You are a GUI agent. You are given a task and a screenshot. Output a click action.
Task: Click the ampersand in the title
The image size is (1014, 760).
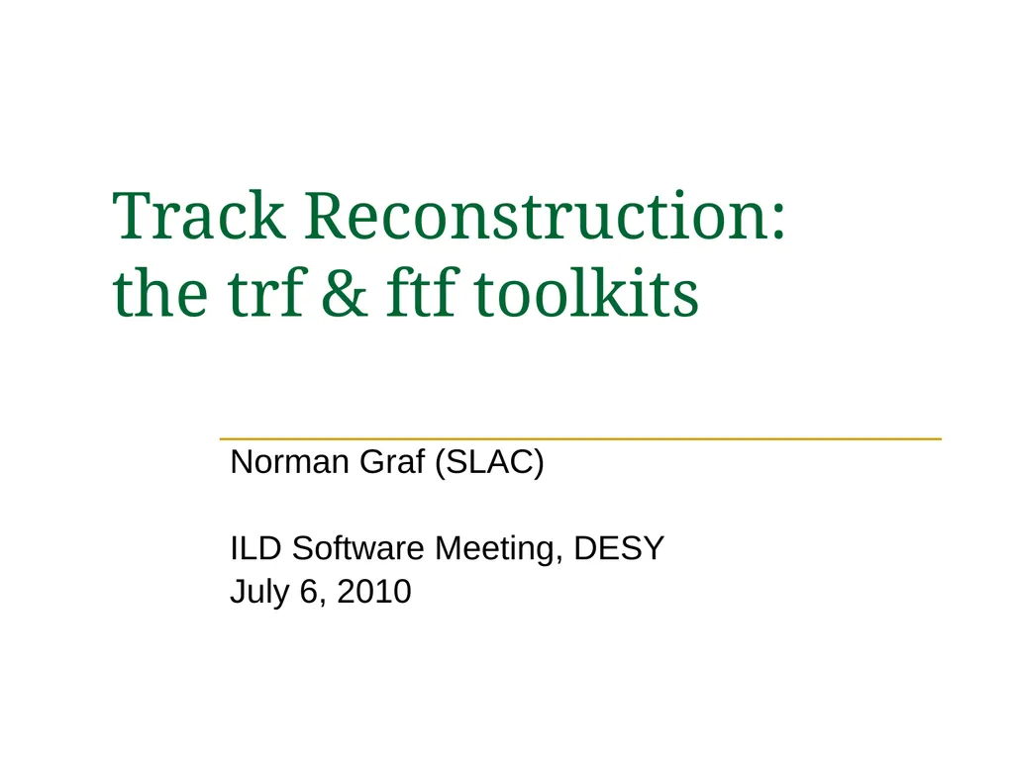345,293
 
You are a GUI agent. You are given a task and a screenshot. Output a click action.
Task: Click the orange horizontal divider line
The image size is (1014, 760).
580,438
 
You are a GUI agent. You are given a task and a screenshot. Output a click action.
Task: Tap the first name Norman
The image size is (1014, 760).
290,461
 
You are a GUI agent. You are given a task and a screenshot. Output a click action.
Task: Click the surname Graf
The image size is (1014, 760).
392,461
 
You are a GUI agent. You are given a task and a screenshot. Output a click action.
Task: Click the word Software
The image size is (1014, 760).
357,548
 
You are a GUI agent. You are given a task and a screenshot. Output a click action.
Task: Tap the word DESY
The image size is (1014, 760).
619,548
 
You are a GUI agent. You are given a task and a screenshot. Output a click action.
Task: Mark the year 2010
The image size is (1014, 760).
373,592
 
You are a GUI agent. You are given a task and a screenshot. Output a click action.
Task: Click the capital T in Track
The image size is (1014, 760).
134,216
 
